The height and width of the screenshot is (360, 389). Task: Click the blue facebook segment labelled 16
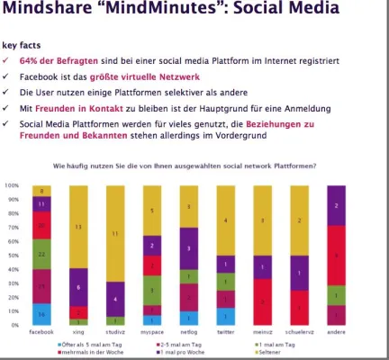click(41, 314)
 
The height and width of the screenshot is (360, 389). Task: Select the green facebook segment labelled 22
click(41, 255)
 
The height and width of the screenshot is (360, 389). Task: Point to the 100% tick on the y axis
click(13, 185)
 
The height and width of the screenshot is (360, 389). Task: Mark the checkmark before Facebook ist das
click(6, 76)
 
